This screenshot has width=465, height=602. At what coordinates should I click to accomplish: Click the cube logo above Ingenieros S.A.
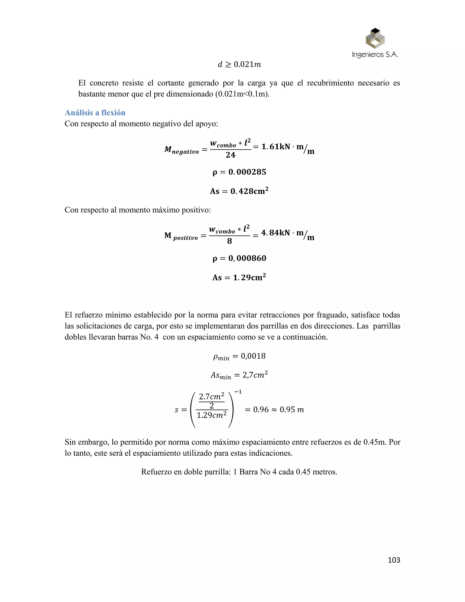[x=375, y=38]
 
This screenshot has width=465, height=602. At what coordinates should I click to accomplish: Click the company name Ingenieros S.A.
[x=375, y=54]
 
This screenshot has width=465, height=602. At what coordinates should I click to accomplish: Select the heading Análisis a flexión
[x=95, y=113]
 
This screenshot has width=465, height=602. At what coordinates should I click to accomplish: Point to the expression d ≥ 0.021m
[x=239, y=65]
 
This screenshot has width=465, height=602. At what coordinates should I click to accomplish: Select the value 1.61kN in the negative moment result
[x=275, y=147]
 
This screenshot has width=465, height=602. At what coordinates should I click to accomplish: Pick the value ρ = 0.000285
[x=239, y=172]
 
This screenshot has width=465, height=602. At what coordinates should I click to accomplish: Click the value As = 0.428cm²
[x=239, y=191]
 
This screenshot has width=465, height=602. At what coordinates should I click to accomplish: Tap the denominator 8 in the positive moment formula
[x=230, y=241]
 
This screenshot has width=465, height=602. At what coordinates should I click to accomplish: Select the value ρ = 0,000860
[x=239, y=258]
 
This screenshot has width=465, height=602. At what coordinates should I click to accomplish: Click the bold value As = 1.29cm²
[x=239, y=277]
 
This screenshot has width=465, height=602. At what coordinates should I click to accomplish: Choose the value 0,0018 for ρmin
[x=253, y=356]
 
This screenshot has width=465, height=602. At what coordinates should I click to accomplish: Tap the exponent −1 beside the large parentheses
[x=238, y=392]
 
